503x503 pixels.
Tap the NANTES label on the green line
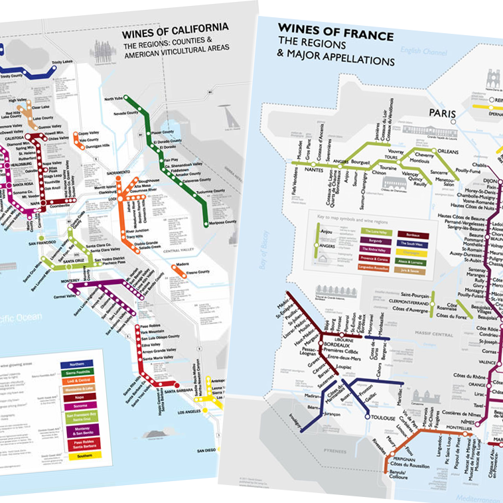tap(302, 170)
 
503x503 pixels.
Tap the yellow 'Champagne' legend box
tap(410, 252)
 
